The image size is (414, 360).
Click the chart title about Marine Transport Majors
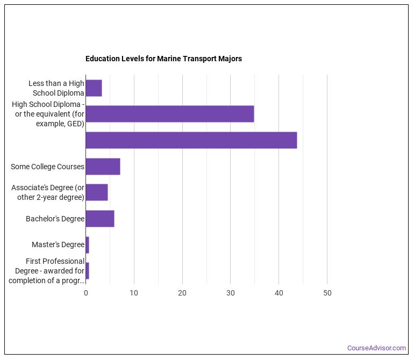163,59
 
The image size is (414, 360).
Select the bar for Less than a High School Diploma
94,88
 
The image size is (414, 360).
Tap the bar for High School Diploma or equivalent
169,114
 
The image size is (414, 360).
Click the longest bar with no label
191,140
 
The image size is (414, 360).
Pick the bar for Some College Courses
103,167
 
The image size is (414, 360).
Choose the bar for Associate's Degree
97,192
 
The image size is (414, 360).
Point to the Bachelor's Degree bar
100,219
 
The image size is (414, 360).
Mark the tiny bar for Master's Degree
87,244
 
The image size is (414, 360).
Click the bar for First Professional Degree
87,271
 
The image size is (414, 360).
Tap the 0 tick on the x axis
85,293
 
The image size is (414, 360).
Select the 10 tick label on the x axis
134,293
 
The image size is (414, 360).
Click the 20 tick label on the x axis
182,293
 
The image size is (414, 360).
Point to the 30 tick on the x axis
230,293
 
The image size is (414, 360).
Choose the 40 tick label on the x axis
279,293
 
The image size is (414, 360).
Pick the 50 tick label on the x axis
327,293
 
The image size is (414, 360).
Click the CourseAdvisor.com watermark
376,348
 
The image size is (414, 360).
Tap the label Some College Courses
47,167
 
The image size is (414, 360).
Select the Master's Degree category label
58,244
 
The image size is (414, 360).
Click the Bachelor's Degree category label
55,219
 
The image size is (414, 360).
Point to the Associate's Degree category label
48,192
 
